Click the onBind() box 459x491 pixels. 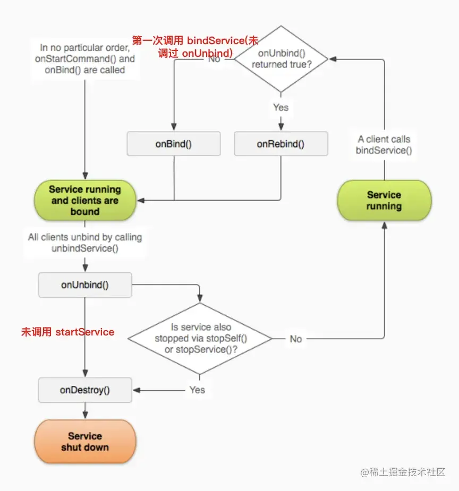click(174, 144)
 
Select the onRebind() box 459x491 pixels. click(281, 144)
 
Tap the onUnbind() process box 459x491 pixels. click(85, 285)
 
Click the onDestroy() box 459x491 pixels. click(85, 390)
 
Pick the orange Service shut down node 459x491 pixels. click(85, 442)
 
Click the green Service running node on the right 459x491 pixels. click(384, 200)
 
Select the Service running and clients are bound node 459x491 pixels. click(85, 200)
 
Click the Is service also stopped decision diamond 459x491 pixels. click(200, 338)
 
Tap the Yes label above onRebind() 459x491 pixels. click(280, 107)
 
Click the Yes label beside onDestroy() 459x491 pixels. click(197, 390)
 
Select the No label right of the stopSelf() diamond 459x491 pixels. click(296, 339)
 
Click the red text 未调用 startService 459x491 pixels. click(67, 332)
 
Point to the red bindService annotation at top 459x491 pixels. click(195, 47)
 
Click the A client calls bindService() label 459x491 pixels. click(384, 144)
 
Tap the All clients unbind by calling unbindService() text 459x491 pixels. click(85, 243)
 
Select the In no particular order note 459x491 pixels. click(85, 59)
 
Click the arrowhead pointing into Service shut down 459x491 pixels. click(85, 416)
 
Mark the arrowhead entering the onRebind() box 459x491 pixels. click(280, 128)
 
